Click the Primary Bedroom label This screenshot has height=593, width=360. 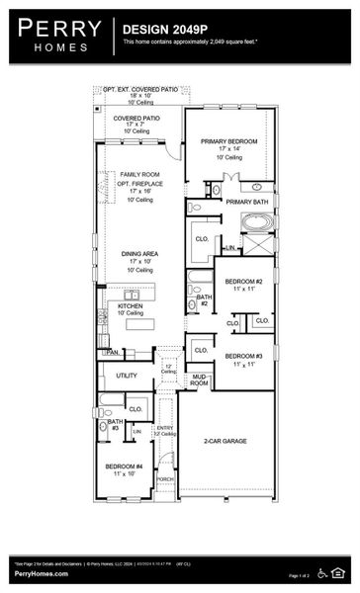tap(228, 141)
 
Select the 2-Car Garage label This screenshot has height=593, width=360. tap(225, 440)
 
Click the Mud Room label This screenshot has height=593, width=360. tap(199, 379)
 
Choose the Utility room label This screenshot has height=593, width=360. tap(127, 376)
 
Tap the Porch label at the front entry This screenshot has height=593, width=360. tap(164, 478)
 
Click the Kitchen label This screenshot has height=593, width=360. tap(131, 306)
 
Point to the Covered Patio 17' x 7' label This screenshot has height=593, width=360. tap(137, 118)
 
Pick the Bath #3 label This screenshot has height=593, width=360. tap(115, 424)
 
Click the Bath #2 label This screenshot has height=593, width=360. tap(203, 299)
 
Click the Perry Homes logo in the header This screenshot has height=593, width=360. tap(60, 34)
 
